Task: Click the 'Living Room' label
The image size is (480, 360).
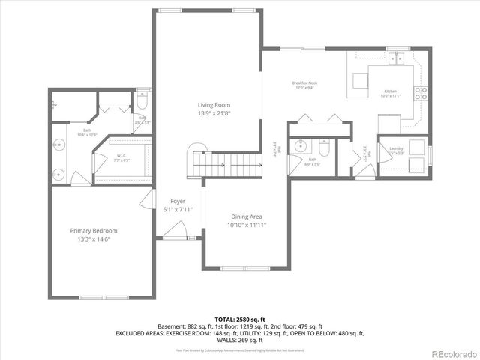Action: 214,105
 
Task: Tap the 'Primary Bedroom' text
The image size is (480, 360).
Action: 94,230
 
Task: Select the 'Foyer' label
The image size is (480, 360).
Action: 178,201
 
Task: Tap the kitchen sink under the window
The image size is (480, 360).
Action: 396,58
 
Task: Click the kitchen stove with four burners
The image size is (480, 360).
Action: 422,94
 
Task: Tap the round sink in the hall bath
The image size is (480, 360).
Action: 301,145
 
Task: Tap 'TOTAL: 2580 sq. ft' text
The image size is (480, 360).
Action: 240,319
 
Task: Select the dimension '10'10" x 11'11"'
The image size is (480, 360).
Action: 247,225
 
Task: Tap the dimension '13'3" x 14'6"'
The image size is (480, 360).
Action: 94,240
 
